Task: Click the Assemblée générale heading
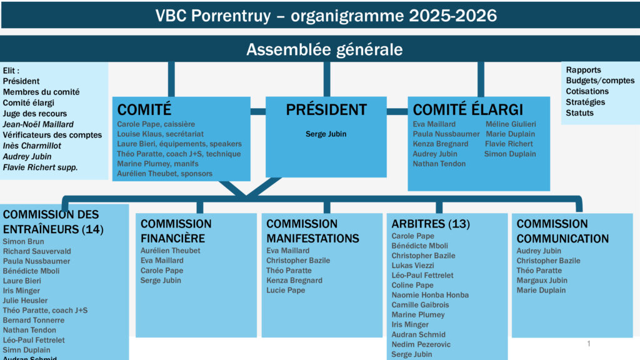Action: (324, 49)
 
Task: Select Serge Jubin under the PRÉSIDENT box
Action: (326, 134)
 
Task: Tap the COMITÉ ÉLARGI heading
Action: (468, 109)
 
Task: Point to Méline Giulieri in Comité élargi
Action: (511, 124)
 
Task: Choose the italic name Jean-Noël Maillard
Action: (38, 124)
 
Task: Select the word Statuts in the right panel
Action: (579, 112)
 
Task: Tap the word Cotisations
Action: (587, 91)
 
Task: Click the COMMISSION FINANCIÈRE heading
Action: (176, 231)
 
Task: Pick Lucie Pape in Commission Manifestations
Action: (286, 290)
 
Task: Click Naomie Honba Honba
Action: (430, 295)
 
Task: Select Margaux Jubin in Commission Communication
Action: (542, 280)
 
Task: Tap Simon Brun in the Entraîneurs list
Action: (24, 241)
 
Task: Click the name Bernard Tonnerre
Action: (34, 320)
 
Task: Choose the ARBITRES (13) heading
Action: (431, 224)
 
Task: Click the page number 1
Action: (589, 344)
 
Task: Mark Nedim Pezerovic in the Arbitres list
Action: (421, 344)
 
